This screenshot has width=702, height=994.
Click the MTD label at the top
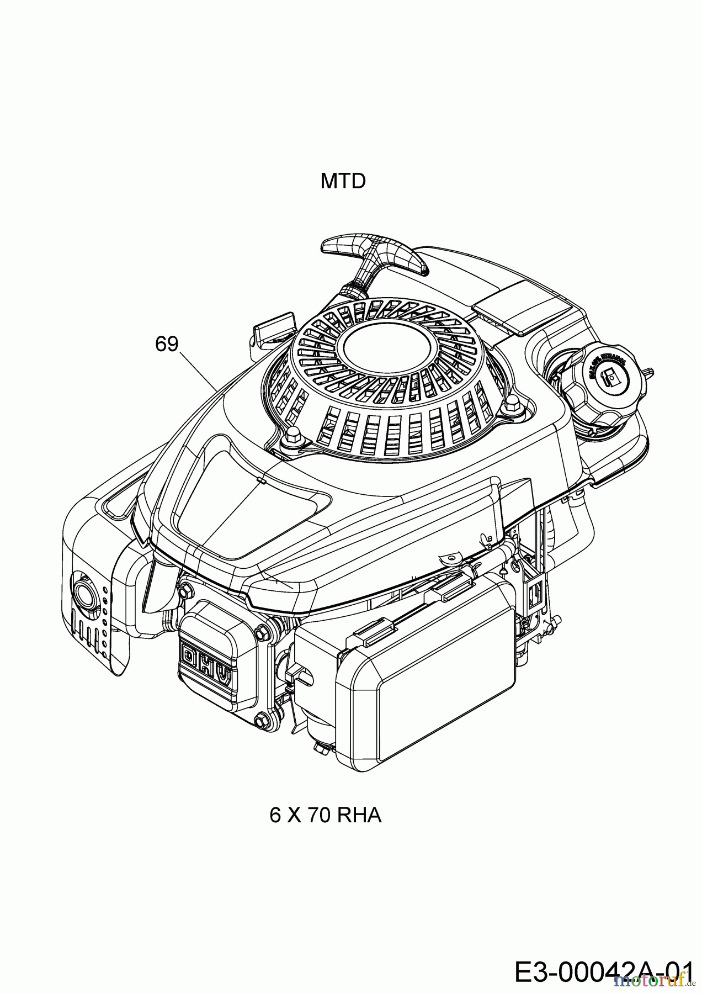343,181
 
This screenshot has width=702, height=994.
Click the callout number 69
167,343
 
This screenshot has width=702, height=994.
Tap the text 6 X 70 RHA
326,815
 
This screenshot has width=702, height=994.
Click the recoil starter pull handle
375,253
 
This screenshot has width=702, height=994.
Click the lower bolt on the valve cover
260,718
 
